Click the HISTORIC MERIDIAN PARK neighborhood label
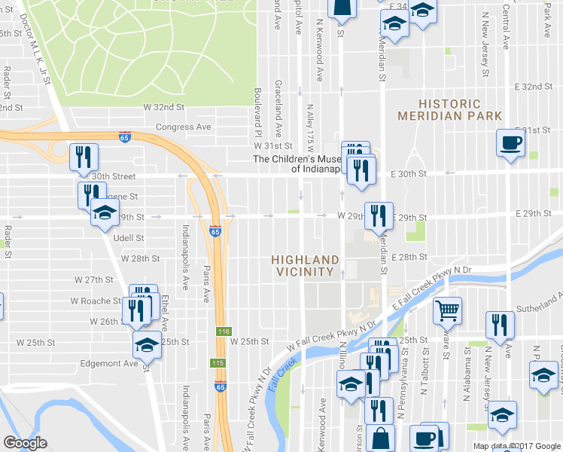(449, 110)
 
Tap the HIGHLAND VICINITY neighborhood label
(303, 265)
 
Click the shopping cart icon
(447, 310)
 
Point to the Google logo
(25, 443)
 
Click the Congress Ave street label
(184, 127)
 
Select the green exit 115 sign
(218, 363)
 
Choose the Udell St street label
(128, 238)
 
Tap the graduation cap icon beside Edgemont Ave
(147, 346)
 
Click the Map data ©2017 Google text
(516, 446)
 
